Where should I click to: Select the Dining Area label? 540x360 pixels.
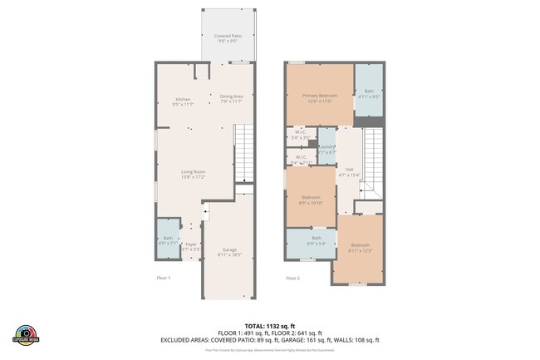coord(231,98)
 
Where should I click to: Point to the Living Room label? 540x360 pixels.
coord(194,175)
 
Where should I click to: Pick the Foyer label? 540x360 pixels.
coord(191,246)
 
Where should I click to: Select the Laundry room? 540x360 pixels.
coord(326,150)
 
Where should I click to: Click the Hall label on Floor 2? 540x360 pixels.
coord(348,173)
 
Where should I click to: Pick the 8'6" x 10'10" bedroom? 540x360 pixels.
coord(311,200)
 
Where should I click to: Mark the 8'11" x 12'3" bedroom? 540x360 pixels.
coord(360,248)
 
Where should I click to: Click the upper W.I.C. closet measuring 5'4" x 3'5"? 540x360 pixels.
coord(302,135)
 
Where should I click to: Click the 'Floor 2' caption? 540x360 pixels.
coord(292,278)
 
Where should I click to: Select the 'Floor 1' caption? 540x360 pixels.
coord(164,278)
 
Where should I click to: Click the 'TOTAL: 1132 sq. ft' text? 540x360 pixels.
coord(268,325)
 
